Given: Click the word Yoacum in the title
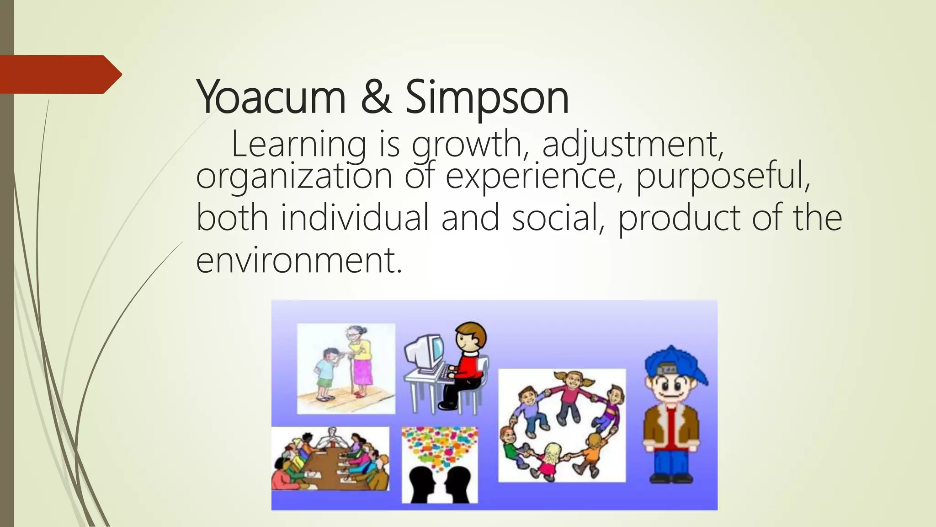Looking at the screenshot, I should pos(271,97).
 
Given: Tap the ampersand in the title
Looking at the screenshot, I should pos(376,97).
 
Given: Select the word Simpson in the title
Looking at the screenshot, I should pos(487,98).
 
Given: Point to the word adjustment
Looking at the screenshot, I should pos(633,145).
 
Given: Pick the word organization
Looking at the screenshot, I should pos(294,177).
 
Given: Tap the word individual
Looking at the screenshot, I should pos(354,218).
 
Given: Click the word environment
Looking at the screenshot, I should pos(299,260).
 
